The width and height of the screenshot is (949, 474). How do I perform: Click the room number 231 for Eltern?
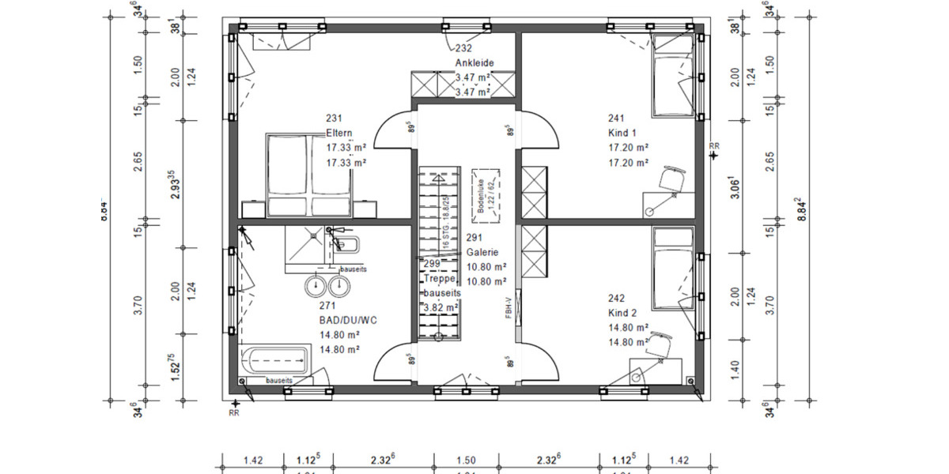pos(334,118)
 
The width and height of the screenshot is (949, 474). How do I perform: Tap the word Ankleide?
pos(474,62)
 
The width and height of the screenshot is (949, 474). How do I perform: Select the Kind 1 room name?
pos(622,133)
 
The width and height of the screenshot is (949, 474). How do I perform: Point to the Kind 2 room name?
pos(622,313)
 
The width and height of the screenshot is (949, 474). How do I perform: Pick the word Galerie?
pos(482,252)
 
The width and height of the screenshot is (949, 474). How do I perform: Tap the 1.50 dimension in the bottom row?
pos(466,459)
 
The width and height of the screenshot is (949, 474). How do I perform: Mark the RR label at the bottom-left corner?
pos(234,412)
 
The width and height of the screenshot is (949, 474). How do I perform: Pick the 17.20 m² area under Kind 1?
pos(629,148)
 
